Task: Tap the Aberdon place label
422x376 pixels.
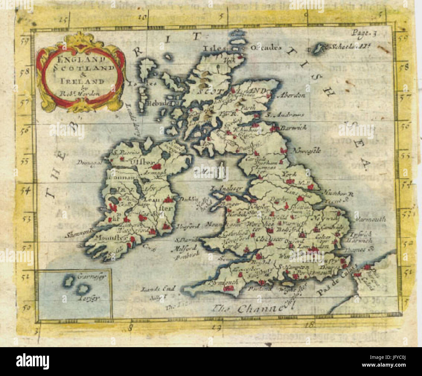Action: [291, 96]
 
